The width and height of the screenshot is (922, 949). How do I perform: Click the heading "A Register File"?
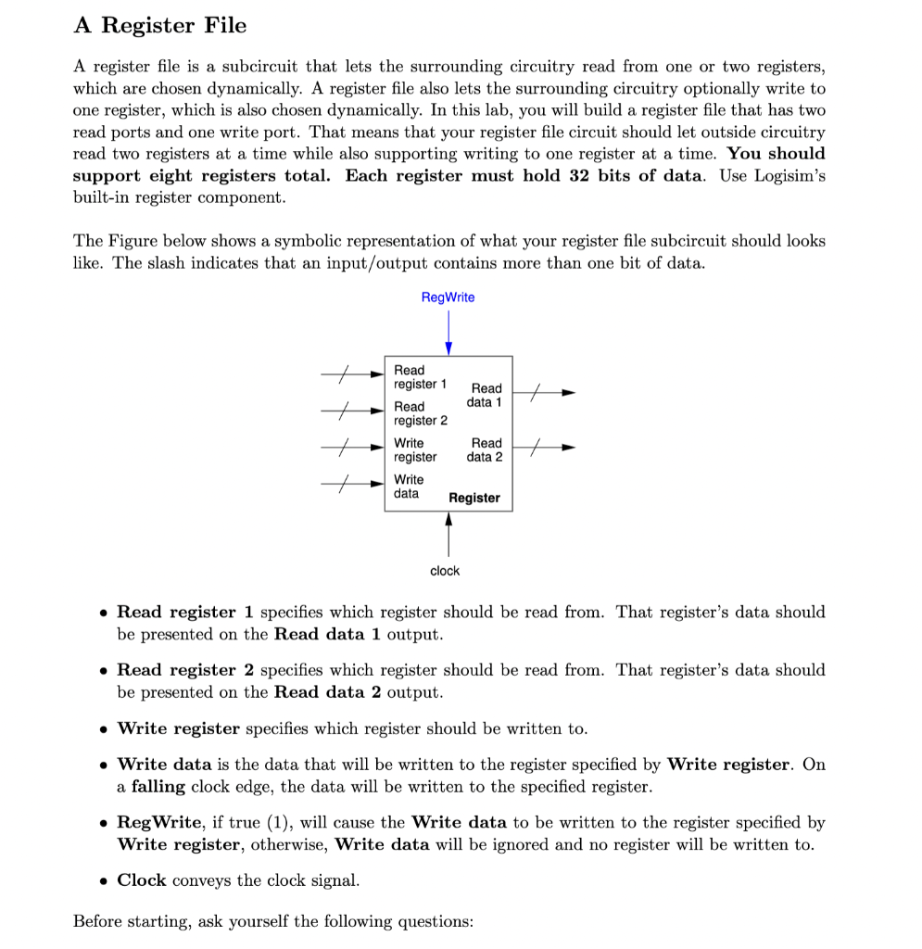tap(160, 25)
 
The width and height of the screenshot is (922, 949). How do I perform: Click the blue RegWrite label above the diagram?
tap(448, 297)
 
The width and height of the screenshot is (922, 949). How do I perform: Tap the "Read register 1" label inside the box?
tap(420, 377)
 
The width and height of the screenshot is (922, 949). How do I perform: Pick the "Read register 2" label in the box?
tap(420, 413)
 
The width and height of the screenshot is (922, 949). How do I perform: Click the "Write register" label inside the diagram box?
tap(415, 449)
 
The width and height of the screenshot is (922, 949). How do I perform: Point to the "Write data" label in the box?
tap(409, 487)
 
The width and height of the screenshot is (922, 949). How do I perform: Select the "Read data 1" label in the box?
tap(485, 395)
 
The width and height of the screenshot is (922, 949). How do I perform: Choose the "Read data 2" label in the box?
tap(485, 449)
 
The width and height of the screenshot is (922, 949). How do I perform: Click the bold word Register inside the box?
tap(474, 498)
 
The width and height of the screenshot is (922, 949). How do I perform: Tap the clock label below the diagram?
tap(445, 571)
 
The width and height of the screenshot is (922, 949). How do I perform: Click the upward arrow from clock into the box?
tap(448, 535)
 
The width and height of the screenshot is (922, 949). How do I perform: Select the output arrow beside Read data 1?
tap(544, 393)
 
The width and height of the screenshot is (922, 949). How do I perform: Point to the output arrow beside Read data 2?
tap(544, 449)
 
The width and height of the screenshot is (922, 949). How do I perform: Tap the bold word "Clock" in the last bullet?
tap(142, 880)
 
